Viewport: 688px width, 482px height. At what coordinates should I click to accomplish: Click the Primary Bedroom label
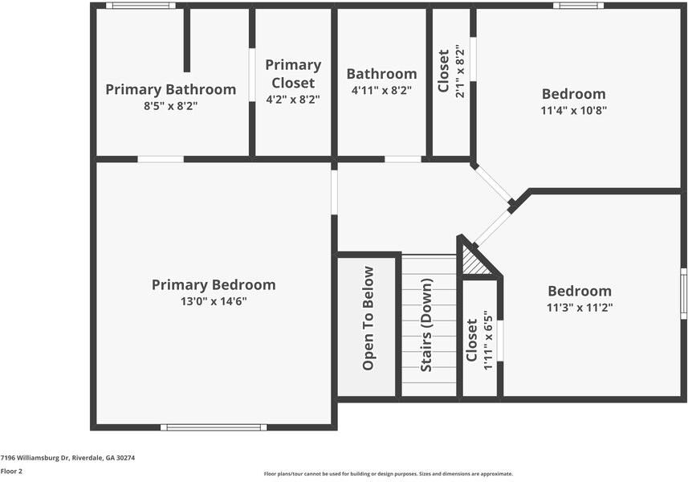pyautogui.click(x=214, y=285)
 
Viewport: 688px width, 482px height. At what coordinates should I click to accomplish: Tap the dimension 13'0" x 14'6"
pyautogui.click(x=214, y=301)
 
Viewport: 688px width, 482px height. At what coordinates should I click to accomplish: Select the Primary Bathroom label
pyautogui.click(x=171, y=89)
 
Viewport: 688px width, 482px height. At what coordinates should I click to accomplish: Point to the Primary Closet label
pyautogui.click(x=293, y=74)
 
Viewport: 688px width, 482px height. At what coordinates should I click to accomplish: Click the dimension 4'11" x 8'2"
pyautogui.click(x=381, y=91)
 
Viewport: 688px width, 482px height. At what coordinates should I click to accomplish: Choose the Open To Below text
pyautogui.click(x=368, y=318)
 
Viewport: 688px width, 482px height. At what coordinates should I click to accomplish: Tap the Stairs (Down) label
pyautogui.click(x=426, y=325)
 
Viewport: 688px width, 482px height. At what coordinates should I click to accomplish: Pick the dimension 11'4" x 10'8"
pyautogui.click(x=574, y=110)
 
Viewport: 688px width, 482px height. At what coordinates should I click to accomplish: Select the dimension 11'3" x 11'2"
pyautogui.click(x=580, y=308)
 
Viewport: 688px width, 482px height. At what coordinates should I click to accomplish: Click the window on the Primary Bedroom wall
pyautogui.click(x=214, y=427)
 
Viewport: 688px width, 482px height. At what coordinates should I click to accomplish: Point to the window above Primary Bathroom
pyautogui.click(x=140, y=6)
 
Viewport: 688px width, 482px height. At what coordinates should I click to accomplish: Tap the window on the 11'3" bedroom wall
pyautogui.click(x=684, y=293)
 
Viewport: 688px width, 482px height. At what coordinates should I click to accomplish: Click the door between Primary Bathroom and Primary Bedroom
pyautogui.click(x=161, y=159)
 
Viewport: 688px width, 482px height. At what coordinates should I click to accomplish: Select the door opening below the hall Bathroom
pyautogui.click(x=403, y=159)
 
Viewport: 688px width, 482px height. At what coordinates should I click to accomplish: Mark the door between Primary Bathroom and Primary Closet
pyautogui.click(x=252, y=75)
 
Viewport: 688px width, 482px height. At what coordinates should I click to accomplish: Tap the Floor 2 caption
pyautogui.click(x=11, y=472)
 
